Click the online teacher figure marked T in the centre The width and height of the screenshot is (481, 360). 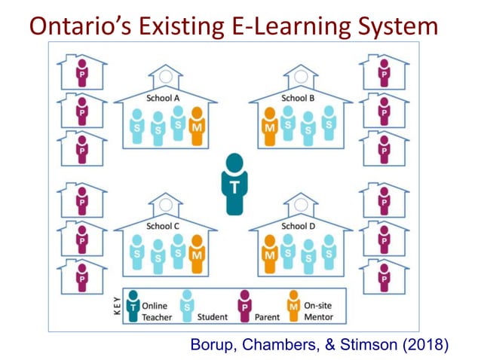pyautogui.click(x=234, y=183)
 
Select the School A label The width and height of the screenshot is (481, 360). pyautogui.click(x=162, y=97)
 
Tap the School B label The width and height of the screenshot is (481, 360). pyautogui.click(x=294, y=97)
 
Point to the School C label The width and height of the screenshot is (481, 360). pyautogui.click(x=162, y=225)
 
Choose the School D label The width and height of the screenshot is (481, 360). pyautogui.click(x=294, y=225)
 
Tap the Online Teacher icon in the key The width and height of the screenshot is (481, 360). pyautogui.click(x=133, y=306)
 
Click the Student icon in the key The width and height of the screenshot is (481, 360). pyautogui.click(x=187, y=306)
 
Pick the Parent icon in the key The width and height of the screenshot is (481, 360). pyautogui.click(x=244, y=306)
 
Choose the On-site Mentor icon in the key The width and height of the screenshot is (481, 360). pyautogui.click(x=293, y=306)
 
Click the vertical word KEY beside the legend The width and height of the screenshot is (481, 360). pyautogui.click(x=117, y=307)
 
